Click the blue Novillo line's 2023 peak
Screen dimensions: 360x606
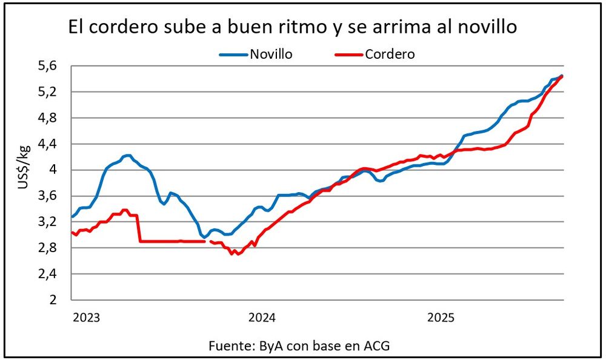click(127, 156)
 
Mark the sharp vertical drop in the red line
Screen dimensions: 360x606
click(139, 228)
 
